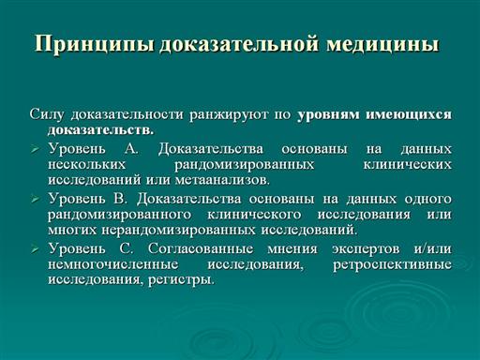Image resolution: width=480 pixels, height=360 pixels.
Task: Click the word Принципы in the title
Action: [94, 44]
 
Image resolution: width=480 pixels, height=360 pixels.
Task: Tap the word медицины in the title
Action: [382, 44]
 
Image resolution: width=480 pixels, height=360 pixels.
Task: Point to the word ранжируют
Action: [229, 115]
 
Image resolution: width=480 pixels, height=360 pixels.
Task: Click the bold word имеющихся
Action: [409, 114]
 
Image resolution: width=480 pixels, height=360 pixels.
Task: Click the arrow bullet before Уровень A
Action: [35, 150]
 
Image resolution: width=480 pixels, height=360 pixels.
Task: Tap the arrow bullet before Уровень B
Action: [35, 199]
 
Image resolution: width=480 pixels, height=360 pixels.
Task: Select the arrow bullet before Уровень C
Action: [35, 249]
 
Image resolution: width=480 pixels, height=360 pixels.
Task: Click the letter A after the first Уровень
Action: [131, 149]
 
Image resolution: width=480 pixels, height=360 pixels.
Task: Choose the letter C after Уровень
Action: [127, 248]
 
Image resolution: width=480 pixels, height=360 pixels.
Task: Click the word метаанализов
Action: [222, 180]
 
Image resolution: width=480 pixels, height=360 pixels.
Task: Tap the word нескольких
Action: [87, 164]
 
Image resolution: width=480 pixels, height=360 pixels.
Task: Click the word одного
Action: [428, 199]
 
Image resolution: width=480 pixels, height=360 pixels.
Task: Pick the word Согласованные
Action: [201, 248]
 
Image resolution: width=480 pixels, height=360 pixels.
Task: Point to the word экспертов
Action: [366, 249]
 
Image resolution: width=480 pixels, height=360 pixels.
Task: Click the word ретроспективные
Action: [392, 265]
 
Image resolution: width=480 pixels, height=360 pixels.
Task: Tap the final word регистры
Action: [182, 279]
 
